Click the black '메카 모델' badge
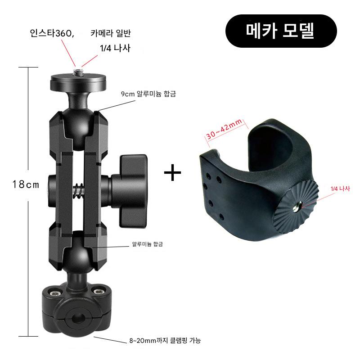[x=281, y=31]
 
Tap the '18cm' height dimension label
[x=26, y=184]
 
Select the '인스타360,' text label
[x=52, y=33]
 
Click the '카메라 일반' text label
[x=111, y=33]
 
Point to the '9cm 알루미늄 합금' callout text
[x=148, y=94]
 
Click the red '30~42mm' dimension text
[x=224, y=129]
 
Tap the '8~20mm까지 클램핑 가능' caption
[x=165, y=340]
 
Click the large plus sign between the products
[x=173, y=172]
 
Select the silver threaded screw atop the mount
[x=78, y=72]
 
